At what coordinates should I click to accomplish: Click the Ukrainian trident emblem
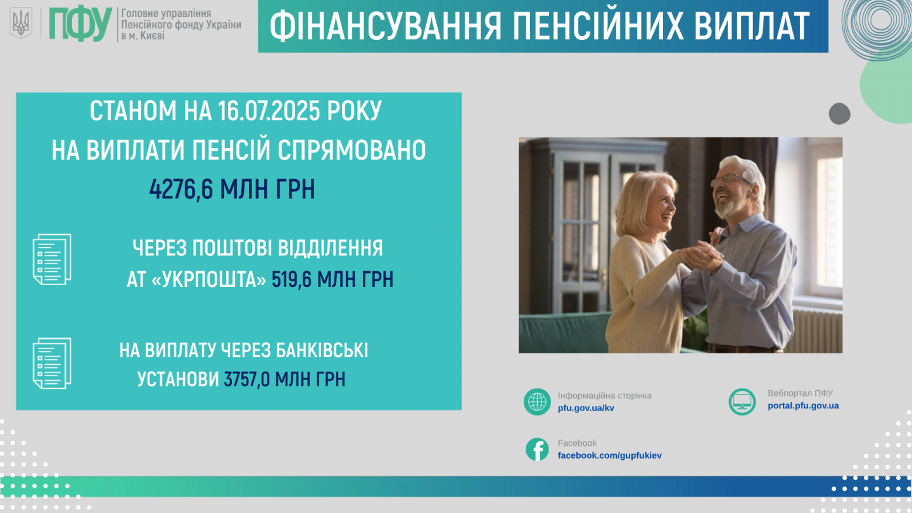21,23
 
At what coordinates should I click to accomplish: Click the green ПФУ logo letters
80,24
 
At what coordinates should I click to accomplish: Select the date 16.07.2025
269,111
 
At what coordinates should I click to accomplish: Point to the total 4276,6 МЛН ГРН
232,189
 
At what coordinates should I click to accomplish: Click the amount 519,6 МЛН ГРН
332,279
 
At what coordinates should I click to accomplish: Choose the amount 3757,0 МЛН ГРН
284,379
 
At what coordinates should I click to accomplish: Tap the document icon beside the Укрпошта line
52,260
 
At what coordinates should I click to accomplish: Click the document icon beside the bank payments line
52,363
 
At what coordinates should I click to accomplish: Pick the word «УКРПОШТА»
208,280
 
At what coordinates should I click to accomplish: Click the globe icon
537,402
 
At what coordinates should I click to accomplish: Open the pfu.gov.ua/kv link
586,408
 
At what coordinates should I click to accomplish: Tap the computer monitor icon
742,402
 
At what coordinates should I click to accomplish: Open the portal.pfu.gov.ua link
803,405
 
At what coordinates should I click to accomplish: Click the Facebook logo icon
537,450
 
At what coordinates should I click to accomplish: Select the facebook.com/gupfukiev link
609,455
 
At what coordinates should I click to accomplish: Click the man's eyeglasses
731,179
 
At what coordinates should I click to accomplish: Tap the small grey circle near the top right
840,113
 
